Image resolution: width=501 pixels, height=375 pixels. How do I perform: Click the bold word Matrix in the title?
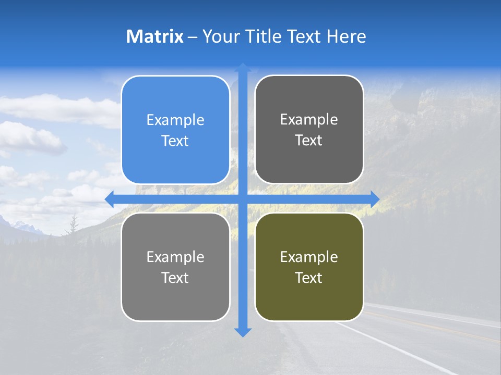click(x=154, y=36)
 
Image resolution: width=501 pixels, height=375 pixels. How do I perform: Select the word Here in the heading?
click(x=346, y=36)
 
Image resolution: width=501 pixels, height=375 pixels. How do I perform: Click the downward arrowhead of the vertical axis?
click(x=243, y=332)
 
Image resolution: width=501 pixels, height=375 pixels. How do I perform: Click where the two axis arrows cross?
click(x=243, y=199)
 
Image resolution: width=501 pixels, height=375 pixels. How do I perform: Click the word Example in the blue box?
click(x=175, y=120)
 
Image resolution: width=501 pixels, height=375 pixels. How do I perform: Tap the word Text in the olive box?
click(x=309, y=278)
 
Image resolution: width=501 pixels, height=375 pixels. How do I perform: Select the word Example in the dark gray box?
click(x=309, y=120)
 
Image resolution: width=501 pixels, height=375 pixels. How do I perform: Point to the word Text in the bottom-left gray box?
click(x=175, y=278)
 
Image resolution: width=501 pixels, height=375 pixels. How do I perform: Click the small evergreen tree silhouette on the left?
click(x=74, y=225)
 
